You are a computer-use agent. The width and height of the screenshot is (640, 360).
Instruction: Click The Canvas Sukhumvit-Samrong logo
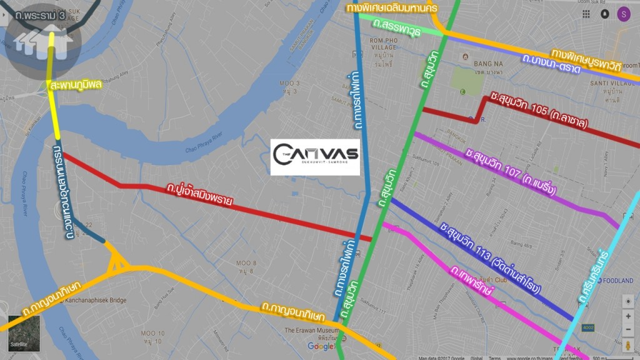[x=315, y=156]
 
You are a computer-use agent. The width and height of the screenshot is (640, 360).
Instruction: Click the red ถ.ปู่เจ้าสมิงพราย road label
[x=199, y=194]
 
